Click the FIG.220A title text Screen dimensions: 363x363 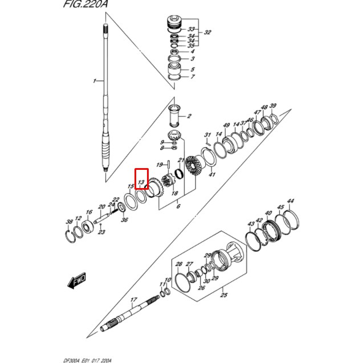tap(85, 4)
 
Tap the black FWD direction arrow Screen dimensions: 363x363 tap(77, 280)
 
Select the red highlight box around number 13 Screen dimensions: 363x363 tap(141, 179)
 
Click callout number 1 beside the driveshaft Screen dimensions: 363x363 tap(94, 81)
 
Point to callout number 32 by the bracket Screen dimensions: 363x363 tap(207, 32)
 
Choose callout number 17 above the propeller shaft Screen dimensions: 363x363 tap(133, 300)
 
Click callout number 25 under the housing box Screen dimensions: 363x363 tap(223, 295)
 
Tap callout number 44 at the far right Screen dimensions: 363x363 tap(290, 201)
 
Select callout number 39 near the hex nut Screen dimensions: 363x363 tap(273, 105)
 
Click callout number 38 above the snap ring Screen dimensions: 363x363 tap(69, 222)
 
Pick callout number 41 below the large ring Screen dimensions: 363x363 tap(212, 174)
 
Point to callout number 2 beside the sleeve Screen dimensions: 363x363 tap(189, 116)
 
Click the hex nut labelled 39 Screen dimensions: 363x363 tap(274, 119)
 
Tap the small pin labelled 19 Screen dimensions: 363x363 tap(169, 164)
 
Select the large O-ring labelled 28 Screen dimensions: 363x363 tap(183, 283)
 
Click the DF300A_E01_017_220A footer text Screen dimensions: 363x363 tap(87, 361)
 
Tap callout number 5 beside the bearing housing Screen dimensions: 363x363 tap(193, 69)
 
